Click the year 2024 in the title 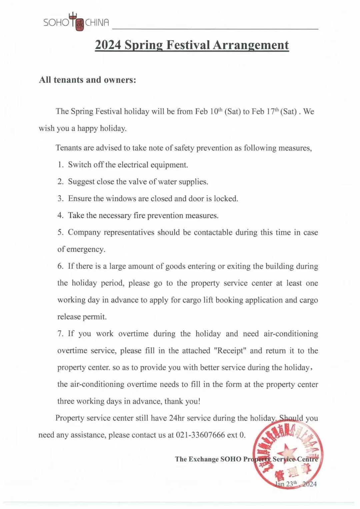[108, 45]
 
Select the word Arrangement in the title [251, 45]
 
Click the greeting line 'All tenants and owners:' [88, 80]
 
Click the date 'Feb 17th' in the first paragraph [265, 111]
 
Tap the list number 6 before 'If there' [60, 266]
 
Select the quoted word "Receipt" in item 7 [230, 351]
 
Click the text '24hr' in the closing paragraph [177, 418]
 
